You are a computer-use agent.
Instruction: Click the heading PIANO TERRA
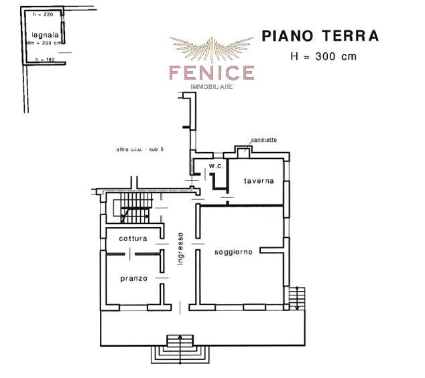(x=320, y=36)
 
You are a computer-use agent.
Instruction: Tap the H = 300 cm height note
(x=324, y=56)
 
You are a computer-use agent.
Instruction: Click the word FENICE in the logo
(x=211, y=72)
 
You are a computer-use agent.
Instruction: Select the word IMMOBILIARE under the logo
(x=212, y=87)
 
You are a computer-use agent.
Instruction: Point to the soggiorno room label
(x=233, y=252)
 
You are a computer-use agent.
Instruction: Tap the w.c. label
(x=216, y=166)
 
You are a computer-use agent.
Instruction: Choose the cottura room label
(x=133, y=239)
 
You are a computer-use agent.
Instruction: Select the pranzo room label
(x=134, y=278)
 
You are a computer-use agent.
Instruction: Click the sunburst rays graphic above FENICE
(x=210, y=48)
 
